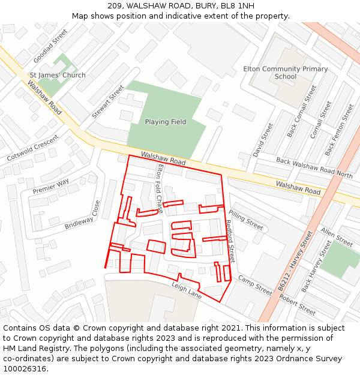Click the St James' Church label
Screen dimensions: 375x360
58,75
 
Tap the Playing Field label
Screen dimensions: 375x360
166,122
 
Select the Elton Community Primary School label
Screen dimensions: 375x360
286,73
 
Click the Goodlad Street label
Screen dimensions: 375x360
50,46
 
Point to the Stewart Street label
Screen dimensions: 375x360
108,101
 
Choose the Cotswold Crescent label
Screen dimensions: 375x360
32,148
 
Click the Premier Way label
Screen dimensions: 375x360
51,186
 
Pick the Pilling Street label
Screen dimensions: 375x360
246,220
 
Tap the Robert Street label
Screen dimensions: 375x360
297,305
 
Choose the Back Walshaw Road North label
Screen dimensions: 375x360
314,167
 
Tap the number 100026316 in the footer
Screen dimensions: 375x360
24,368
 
